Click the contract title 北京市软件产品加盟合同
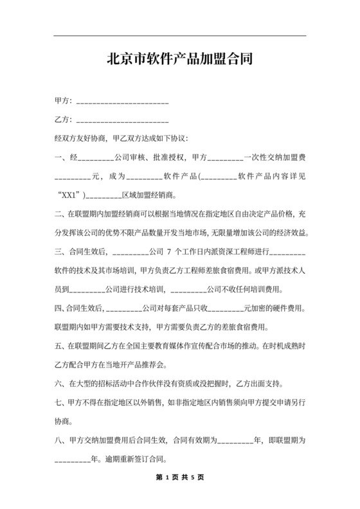point(179,60)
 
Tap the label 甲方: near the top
point(63,102)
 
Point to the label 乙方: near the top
point(63,120)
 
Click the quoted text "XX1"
point(69,193)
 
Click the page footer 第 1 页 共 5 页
point(179,478)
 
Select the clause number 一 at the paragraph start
point(58,157)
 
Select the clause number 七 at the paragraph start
point(58,404)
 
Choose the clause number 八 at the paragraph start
point(58,441)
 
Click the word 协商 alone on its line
point(62,422)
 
